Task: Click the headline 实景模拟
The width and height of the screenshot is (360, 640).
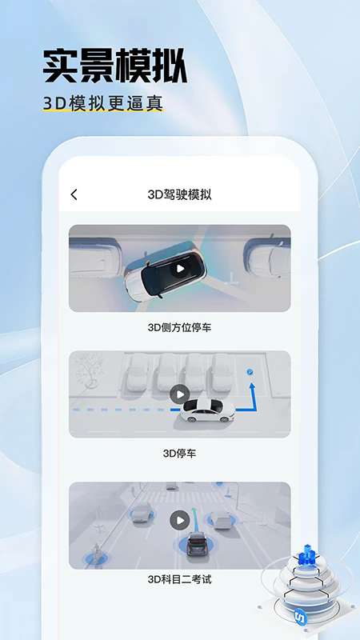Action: click(114, 66)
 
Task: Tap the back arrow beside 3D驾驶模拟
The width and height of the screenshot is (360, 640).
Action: click(74, 194)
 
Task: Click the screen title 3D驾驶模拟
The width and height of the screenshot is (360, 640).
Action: click(180, 194)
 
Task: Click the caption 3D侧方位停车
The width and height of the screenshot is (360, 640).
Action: click(180, 327)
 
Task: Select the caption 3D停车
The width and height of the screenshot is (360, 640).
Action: click(179, 454)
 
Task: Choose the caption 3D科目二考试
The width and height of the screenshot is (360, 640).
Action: click(179, 579)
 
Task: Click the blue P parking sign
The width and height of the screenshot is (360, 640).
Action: click(249, 372)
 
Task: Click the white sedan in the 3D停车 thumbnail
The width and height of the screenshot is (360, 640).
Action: click(206, 410)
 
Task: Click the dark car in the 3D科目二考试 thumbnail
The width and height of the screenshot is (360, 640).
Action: click(196, 546)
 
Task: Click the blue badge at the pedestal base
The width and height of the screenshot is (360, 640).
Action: click(301, 618)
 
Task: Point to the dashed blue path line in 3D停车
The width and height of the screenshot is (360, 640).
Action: click(120, 410)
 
